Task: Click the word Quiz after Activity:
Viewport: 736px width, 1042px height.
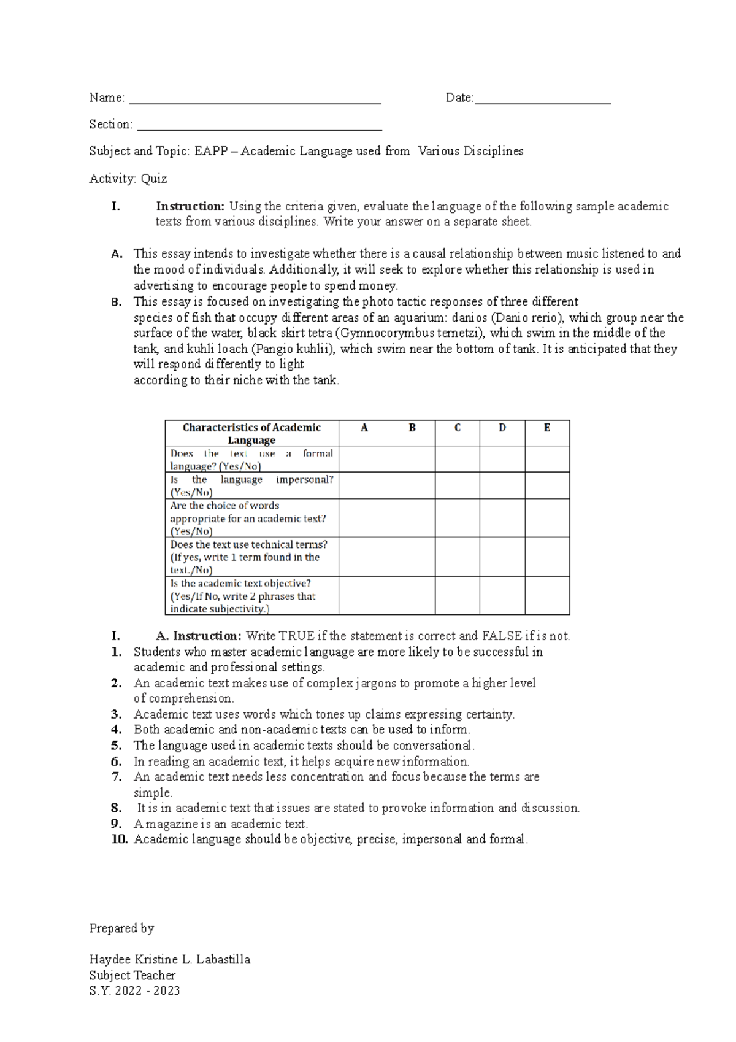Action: point(154,179)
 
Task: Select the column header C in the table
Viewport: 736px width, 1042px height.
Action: point(458,428)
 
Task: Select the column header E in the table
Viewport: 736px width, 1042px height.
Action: point(547,428)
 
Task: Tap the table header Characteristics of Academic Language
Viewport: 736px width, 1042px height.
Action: point(251,434)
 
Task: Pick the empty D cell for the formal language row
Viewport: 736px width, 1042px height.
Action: point(502,459)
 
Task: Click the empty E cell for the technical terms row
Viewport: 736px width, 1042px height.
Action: point(547,557)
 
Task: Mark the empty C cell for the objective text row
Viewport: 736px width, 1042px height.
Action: point(458,595)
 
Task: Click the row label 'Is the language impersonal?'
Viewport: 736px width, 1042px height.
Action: point(251,485)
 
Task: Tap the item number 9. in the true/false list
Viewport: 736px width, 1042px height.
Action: point(117,824)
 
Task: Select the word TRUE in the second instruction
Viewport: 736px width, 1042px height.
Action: point(297,636)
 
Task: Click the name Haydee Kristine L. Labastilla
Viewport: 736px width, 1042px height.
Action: point(169,959)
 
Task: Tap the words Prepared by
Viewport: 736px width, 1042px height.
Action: point(121,928)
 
